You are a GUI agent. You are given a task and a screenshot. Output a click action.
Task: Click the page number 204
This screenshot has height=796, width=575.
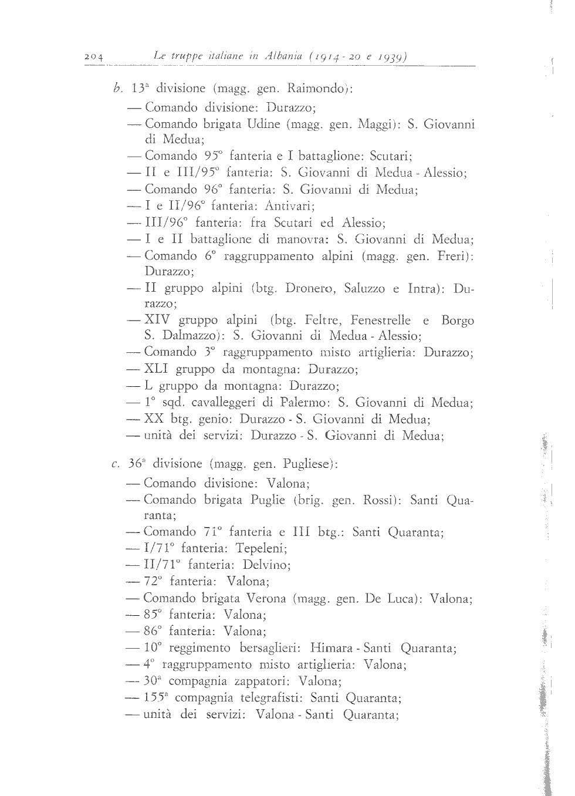click(93, 57)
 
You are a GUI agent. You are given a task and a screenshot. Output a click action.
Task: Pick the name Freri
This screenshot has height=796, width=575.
click(453, 256)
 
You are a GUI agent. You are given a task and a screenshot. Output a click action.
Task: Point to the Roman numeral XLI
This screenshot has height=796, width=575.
click(157, 369)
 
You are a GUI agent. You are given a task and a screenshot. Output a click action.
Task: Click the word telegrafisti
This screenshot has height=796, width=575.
click(270, 698)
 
